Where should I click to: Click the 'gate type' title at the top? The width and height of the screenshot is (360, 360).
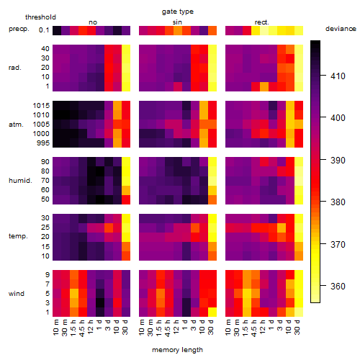178,12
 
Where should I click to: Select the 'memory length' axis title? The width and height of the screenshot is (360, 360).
177,350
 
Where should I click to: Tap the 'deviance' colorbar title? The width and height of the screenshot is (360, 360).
341,29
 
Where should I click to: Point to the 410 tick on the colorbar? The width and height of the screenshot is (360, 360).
323,76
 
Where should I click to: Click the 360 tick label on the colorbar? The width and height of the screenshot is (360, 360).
338,287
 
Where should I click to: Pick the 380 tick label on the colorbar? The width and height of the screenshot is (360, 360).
338,202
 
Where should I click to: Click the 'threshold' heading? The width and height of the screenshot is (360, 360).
40,17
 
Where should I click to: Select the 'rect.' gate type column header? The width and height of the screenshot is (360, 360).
262,22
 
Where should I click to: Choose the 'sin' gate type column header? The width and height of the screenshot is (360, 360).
177,22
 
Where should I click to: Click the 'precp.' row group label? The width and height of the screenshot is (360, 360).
19,29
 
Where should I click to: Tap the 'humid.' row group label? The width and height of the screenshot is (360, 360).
20,181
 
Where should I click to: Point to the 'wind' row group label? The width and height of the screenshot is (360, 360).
17,294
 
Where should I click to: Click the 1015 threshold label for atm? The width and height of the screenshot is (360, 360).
41,106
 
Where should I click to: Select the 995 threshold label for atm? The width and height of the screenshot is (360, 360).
43,143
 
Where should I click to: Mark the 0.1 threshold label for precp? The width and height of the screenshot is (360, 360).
44,30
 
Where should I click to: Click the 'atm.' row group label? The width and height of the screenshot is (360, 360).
16,125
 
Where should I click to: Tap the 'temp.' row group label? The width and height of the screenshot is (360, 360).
18,236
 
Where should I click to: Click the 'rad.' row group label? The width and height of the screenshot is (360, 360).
15,68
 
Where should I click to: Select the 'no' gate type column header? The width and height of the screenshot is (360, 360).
93,22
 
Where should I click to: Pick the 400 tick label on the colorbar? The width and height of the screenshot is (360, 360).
338,118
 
